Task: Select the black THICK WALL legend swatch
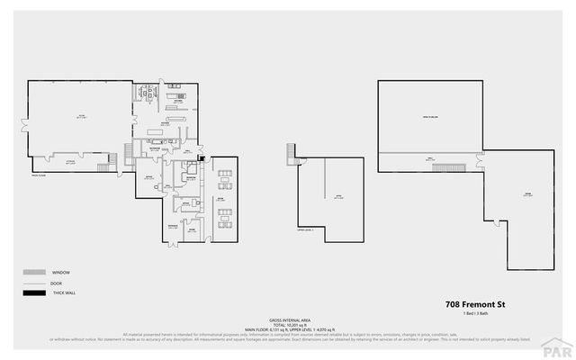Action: coord(35,293)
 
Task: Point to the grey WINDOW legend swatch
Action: coord(35,272)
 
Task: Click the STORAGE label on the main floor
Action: coord(92,161)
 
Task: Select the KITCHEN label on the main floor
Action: coord(166,124)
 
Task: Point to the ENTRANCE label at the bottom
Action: coord(172,226)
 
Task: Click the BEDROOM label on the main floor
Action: coord(191,177)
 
